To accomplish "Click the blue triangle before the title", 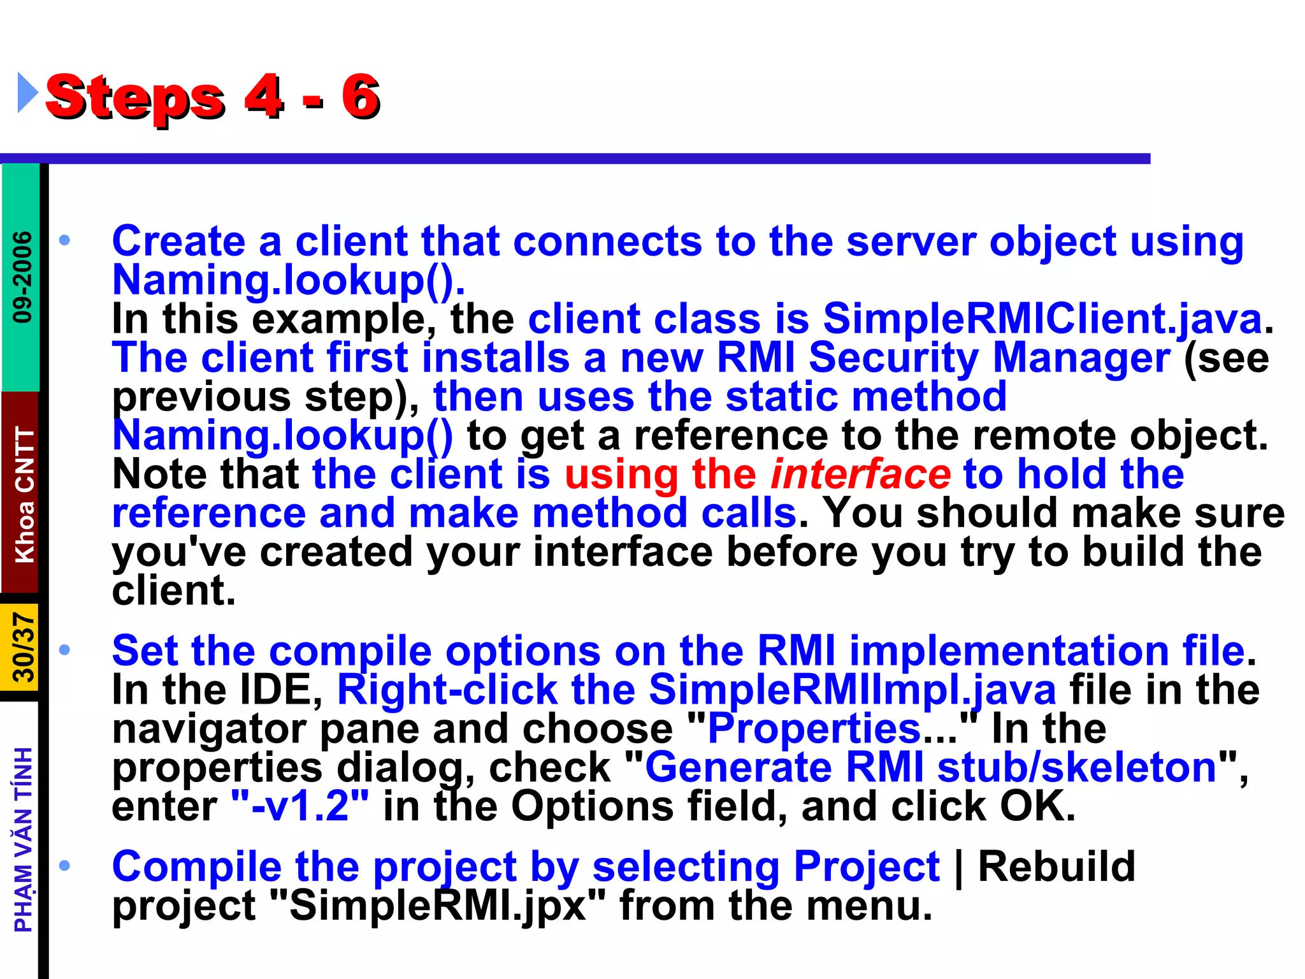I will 27,93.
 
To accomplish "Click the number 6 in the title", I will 361,97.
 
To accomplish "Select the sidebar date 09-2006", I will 23,277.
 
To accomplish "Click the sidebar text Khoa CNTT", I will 24,495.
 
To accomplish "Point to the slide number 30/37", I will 23,648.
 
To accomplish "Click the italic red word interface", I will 860,475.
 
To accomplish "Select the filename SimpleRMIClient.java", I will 1042,319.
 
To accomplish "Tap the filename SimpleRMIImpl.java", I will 852,690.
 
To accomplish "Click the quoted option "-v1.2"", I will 299,806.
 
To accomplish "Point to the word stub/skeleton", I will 1077,767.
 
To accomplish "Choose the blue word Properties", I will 814,729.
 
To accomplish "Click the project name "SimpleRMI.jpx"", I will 438,906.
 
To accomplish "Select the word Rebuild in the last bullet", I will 1056,867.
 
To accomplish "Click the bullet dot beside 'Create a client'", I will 64,241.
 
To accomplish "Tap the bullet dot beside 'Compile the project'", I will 64,866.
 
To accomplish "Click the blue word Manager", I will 1081,358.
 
